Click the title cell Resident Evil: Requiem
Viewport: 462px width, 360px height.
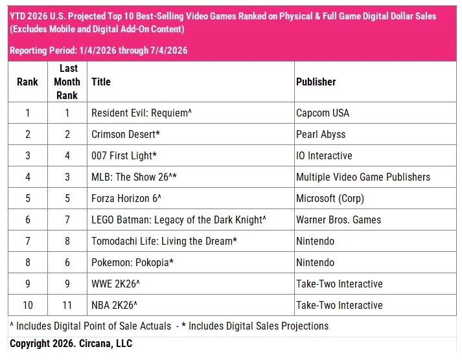pos(141,113)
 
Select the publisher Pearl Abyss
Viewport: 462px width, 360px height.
pos(321,135)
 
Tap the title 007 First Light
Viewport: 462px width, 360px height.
pos(124,155)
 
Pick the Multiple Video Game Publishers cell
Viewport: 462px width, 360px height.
pos(363,177)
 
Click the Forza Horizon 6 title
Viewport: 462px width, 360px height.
pos(126,198)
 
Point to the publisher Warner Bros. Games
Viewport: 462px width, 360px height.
pos(338,220)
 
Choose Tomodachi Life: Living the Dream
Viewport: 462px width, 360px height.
pos(164,242)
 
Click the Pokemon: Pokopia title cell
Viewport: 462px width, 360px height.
pos(133,263)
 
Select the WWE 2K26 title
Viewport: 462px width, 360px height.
pos(115,284)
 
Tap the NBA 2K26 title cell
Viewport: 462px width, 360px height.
pos(114,305)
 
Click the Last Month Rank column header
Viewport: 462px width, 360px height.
pos(67,82)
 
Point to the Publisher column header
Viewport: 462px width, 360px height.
pos(316,82)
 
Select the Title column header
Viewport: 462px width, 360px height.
pos(101,82)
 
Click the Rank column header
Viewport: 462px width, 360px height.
pos(27,82)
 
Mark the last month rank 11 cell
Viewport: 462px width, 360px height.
pos(67,305)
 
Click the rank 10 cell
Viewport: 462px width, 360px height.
pos(28,305)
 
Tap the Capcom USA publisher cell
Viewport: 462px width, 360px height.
pos(323,113)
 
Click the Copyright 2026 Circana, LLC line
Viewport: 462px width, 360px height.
pos(71,344)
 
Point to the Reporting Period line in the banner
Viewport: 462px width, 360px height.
pos(98,51)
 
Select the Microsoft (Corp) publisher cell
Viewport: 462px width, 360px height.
pos(330,198)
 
